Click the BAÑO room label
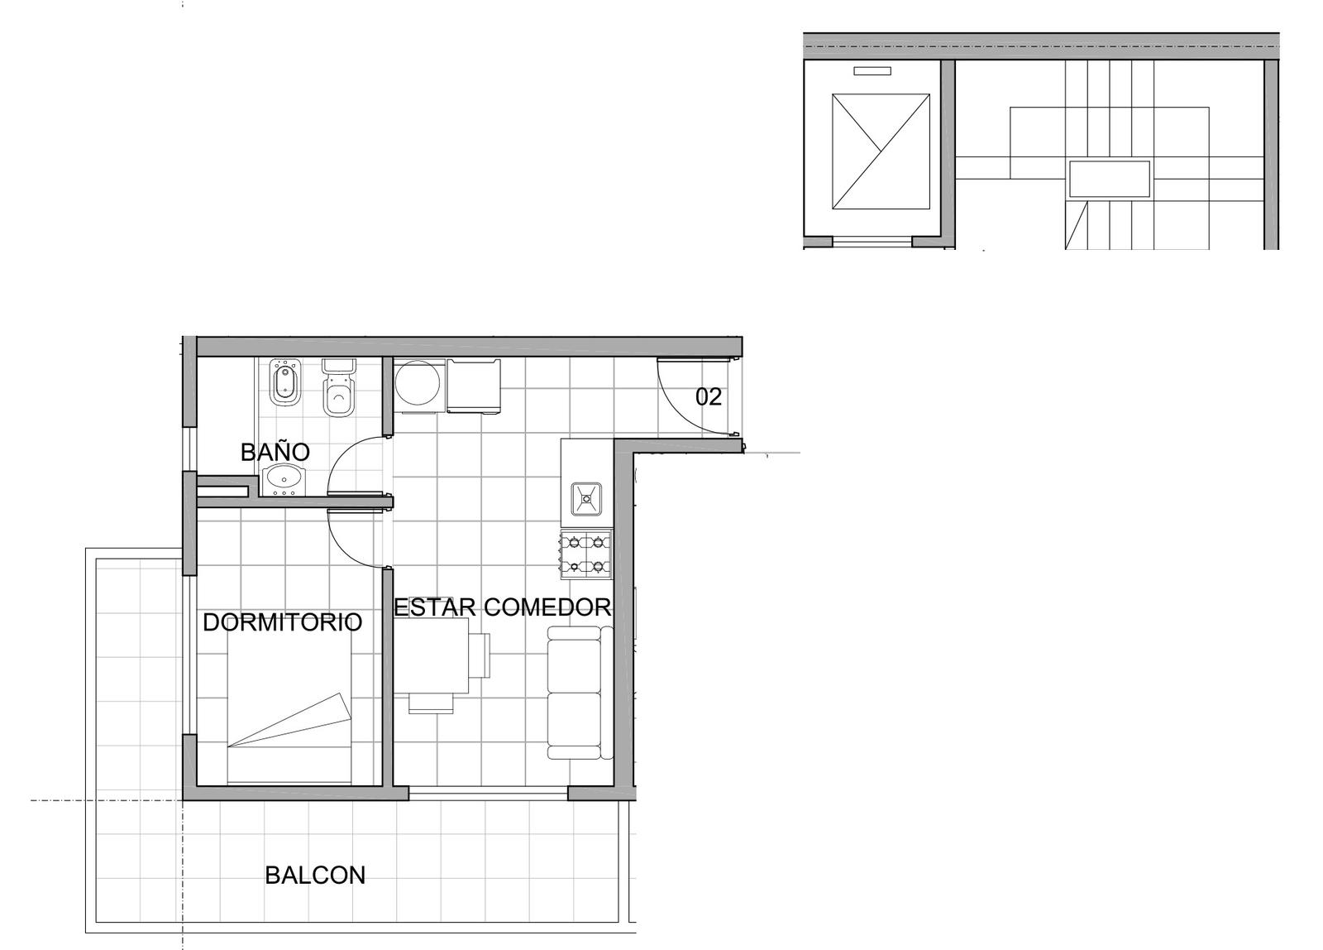275,452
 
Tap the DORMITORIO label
282,622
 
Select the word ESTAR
435,607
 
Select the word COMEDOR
547,607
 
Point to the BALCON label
315,876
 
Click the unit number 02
709,397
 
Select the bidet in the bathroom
286,383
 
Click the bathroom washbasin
283,479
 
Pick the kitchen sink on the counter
586,499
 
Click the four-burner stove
586,554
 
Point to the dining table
432,655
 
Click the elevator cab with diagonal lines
881,151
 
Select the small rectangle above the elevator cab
872,71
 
